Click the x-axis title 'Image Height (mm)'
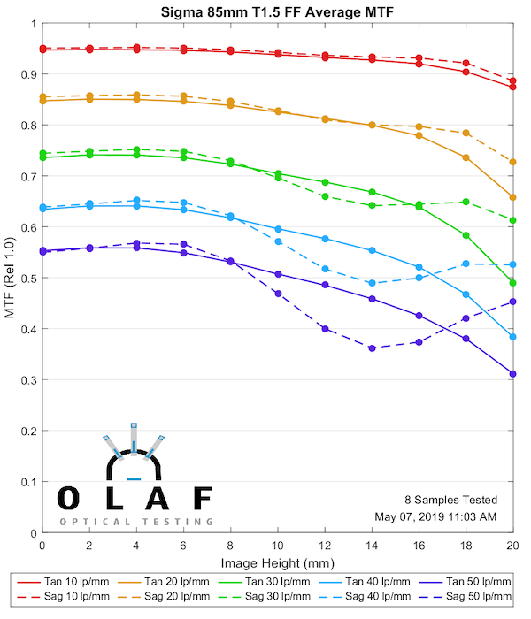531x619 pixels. (x=278, y=562)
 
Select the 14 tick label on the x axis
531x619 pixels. (x=372, y=546)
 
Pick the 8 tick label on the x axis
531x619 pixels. (x=231, y=546)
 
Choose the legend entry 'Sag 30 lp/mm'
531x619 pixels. (x=280, y=597)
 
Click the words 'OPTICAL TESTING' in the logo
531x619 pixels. (x=136, y=522)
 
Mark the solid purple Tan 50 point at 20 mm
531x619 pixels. (x=512, y=374)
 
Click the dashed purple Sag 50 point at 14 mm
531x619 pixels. (x=372, y=348)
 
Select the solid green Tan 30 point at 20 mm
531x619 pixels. (x=512, y=283)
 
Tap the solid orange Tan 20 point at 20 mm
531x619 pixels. (x=512, y=197)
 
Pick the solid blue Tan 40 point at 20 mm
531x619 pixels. (x=512, y=337)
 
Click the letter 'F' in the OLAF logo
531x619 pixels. (x=203, y=499)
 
